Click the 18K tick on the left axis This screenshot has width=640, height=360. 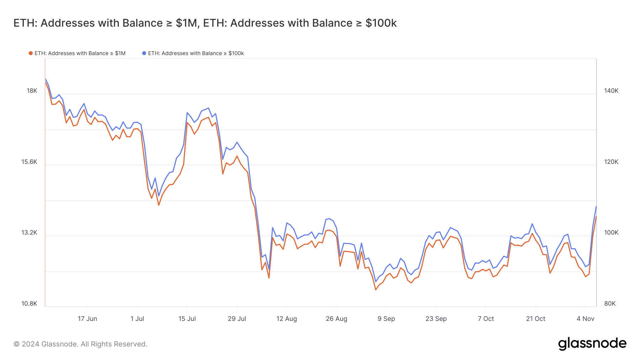(x=32, y=91)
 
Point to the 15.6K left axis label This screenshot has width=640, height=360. (x=29, y=162)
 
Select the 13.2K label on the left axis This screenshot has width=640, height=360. (x=29, y=232)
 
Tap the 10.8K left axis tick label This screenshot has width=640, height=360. (x=29, y=303)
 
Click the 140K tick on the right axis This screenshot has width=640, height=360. (x=611, y=91)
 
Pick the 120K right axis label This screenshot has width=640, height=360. (x=611, y=162)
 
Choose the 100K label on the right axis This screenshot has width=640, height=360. (x=611, y=232)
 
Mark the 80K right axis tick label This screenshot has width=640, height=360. (x=610, y=303)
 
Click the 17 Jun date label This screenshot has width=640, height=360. (x=87, y=319)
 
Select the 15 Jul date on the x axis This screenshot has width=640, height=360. (x=187, y=319)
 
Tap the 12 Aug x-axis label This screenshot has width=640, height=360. (x=287, y=319)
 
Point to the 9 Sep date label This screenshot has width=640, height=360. (x=386, y=319)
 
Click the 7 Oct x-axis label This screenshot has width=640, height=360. (x=486, y=319)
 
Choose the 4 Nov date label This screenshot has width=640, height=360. (x=585, y=319)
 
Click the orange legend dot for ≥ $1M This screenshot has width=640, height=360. (x=31, y=53)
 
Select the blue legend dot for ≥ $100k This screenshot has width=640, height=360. (x=144, y=53)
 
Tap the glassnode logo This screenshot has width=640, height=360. (x=592, y=344)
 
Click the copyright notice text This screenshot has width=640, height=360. (x=80, y=344)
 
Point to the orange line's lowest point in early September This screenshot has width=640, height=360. (x=375, y=290)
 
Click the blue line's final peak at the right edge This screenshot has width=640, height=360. (x=596, y=206)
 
